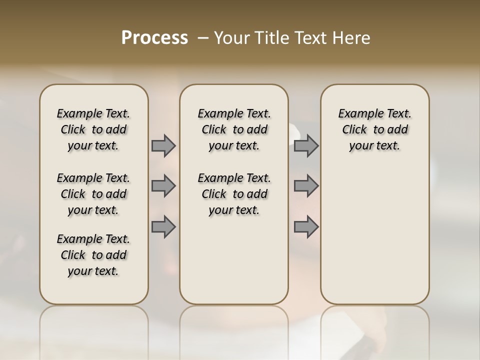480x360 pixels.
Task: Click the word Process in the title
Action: point(154,38)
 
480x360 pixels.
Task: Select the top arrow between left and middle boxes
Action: point(163,146)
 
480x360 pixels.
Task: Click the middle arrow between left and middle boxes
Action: point(163,186)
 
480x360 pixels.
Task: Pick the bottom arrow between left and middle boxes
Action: point(163,227)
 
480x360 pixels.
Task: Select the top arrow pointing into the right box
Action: point(306,146)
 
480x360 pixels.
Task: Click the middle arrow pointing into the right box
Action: point(306,186)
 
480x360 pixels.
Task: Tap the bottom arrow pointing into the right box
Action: point(306,227)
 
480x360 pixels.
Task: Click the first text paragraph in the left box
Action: point(93,129)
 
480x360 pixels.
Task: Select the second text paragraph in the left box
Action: point(93,194)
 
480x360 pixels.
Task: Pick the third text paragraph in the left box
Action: point(93,255)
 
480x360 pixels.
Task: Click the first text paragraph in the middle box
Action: point(234,129)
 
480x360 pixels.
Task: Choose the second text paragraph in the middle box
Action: point(234,194)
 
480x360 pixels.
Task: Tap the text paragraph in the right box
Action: point(374,129)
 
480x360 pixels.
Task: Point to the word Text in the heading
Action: point(311,38)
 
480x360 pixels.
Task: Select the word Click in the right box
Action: point(354,130)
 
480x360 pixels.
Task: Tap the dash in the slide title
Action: point(203,38)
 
